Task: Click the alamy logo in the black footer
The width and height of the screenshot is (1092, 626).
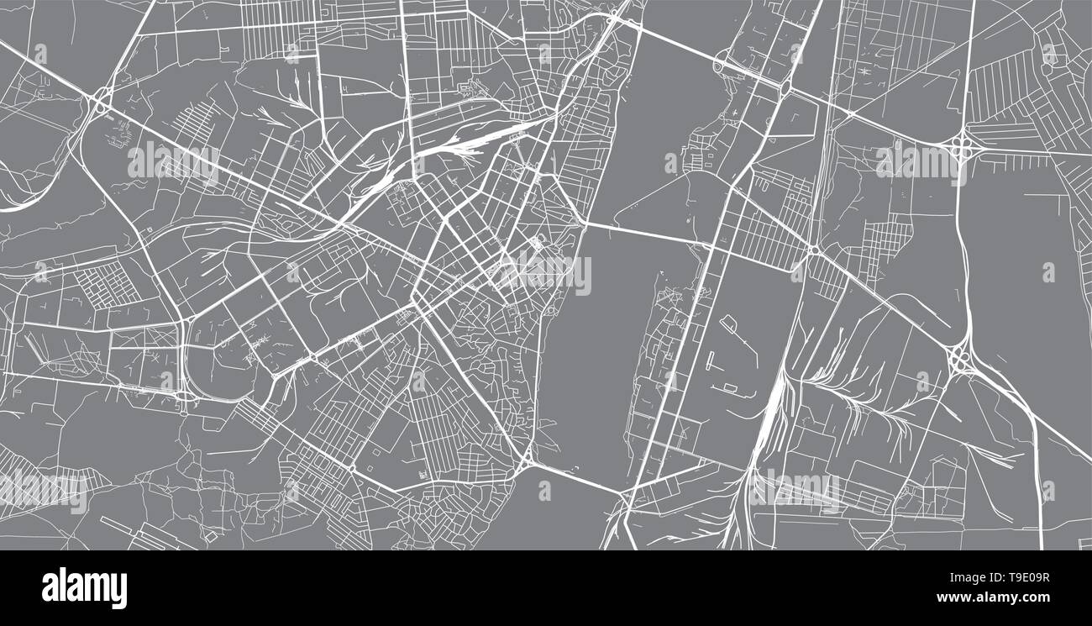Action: pos(84,588)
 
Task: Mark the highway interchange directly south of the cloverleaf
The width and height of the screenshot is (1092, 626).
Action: pos(960,360)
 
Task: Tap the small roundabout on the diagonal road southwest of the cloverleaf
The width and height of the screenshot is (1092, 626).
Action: pos(813,250)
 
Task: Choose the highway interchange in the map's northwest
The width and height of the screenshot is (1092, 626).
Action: pos(102,99)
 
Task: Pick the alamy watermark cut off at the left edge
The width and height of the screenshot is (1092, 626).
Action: pos(42,491)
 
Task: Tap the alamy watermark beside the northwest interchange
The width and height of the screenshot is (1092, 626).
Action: pos(172,163)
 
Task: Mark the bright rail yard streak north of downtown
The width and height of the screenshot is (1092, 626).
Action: pos(458,150)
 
